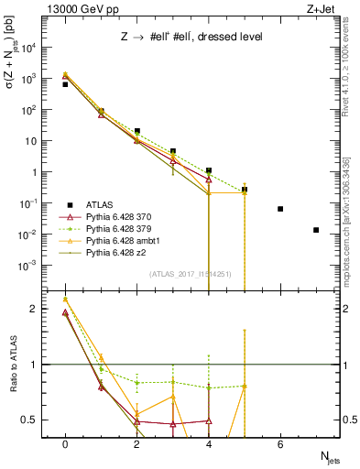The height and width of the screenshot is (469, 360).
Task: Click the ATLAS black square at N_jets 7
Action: [316, 230]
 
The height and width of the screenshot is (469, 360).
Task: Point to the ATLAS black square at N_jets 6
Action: [280, 209]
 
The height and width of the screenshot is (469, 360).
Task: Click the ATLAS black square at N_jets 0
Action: [65, 84]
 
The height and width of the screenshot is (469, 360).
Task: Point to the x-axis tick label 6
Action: [280, 444]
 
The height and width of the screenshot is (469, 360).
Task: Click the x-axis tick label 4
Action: [209, 444]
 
